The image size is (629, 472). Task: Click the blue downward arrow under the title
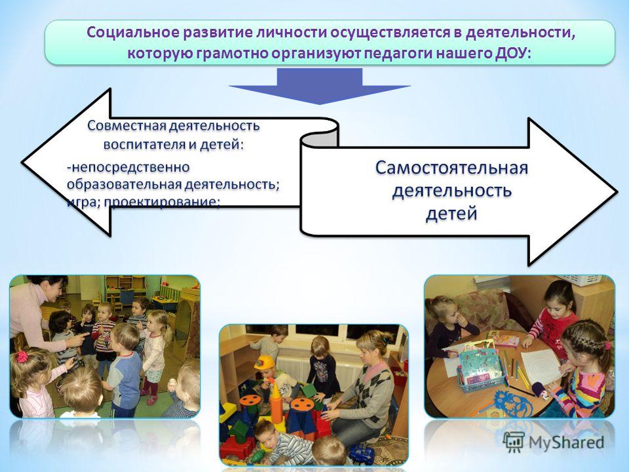coord(319,86)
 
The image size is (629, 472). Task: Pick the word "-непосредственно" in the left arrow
coord(128,167)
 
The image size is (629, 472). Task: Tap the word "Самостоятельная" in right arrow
coord(451,168)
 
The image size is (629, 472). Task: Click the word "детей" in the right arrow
coord(451,213)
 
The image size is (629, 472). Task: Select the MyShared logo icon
coord(514,442)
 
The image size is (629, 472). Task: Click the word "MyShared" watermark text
coord(566,442)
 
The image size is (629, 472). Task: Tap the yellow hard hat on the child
coord(264,363)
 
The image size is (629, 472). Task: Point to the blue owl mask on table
coord(512,404)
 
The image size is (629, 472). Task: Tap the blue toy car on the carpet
coord(360,454)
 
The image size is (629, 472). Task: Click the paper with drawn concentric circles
coord(542,367)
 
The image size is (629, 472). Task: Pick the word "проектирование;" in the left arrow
coord(162,202)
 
